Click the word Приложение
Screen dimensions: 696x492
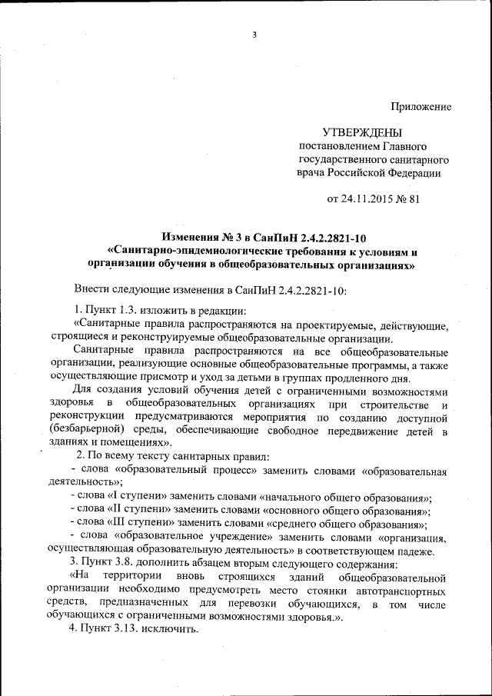click(x=421, y=107)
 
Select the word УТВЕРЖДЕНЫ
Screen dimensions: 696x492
click(x=362, y=133)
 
